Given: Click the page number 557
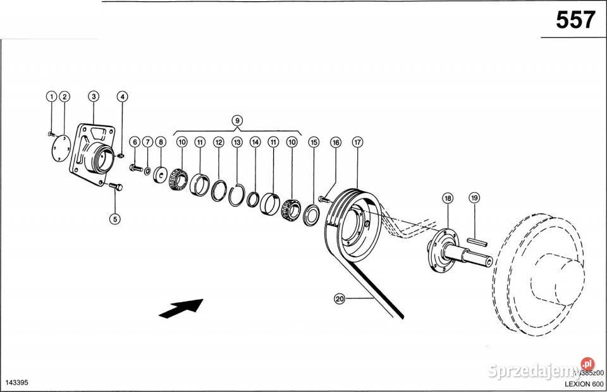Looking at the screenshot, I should tap(575, 20).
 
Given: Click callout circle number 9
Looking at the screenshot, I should tap(236, 120).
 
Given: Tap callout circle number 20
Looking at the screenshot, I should tap(339, 300).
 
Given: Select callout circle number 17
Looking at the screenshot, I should tap(357, 143).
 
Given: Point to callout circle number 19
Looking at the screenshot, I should tap(474, 198).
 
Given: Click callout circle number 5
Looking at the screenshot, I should tap(114, 219).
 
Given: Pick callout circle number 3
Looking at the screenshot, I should tap(94, 97).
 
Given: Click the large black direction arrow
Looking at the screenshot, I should tap(181, 308).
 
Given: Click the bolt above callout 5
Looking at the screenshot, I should tap(114, 187).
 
